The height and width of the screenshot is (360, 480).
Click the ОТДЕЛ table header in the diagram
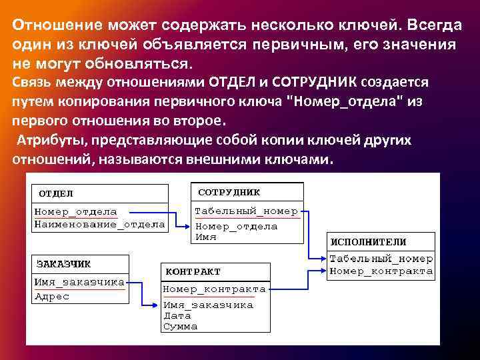coord(56,193)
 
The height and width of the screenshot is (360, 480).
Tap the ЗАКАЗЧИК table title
coord(64,263)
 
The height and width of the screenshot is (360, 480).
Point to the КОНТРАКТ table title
coord(193,272)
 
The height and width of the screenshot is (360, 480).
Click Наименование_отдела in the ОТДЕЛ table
coord(99,225)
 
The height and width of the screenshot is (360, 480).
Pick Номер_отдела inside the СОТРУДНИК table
coord(236,226)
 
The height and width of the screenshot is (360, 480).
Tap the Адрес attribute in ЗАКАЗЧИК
coord(52,297)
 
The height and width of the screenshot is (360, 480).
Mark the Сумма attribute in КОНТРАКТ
coord(180,327)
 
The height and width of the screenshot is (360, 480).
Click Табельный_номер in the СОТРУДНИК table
coord(246,211)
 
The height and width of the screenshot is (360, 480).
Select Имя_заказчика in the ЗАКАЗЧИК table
coord(79,282)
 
